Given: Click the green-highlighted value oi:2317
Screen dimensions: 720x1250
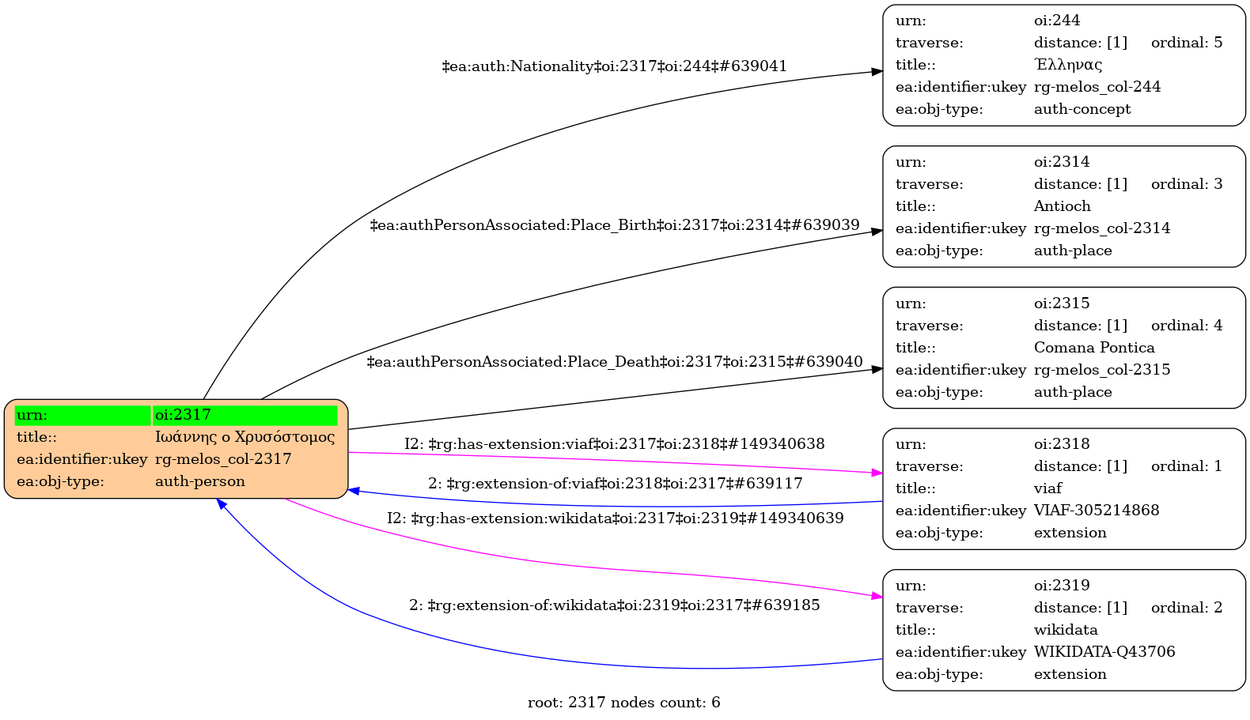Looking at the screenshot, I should [x=245, y=415].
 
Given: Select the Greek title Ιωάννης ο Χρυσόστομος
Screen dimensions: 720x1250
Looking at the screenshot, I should [x=244, y=437].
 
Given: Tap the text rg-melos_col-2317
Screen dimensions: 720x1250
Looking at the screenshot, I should [x=223, y=459].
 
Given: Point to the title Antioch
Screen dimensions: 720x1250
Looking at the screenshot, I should [x=1062, y=206].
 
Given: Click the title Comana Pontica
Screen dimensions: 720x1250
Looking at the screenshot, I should [x=1093, y=348].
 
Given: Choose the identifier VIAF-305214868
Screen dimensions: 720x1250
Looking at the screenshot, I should [x=1096, y=511].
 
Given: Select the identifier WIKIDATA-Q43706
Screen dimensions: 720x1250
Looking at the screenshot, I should [x=1104, y=652].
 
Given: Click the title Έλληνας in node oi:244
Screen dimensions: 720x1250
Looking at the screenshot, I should [x=1067, y=65].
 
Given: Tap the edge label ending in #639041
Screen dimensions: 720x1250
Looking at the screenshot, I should [x=614, y=66].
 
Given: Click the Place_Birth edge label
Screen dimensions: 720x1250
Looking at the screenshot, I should [x=614, y=225].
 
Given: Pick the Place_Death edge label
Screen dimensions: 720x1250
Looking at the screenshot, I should [x=614, y=362].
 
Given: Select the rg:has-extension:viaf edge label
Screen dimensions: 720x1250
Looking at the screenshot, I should [x=614, y=444].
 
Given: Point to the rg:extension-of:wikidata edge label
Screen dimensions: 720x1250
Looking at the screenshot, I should [x=614, y=605].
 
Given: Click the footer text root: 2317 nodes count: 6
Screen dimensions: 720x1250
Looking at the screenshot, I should [x=623, y=703].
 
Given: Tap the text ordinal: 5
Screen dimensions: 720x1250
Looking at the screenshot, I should [x=1186, y=43].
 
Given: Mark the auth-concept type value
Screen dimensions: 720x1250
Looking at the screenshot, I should [x=1081, y=109].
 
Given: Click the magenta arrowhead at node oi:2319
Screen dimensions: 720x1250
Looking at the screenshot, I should [x=877, y=596].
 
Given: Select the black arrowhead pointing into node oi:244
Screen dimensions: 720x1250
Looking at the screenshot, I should [x=877, y=72].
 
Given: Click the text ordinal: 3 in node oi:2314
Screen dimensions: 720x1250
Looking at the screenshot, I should [x=1186, y=184].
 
